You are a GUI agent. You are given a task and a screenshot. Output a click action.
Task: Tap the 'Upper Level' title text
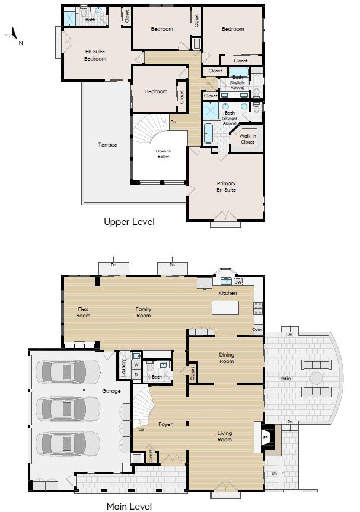pyautogui.click(x=129, y=222)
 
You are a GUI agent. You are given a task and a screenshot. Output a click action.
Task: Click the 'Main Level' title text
pyautogui.click(x=129, y=506)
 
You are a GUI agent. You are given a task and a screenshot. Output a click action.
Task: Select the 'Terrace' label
pyautogui.click(x=107, y=145)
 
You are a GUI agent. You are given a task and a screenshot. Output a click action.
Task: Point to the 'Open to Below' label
pyautogui.click(x=163, y=154)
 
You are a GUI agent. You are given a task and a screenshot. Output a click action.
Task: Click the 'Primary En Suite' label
pyautogui.click(x=226, y=187)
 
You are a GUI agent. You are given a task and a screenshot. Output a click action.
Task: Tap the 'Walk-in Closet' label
pyautogui.click(x=247, y=139)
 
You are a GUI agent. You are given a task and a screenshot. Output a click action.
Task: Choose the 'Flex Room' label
pyautogui.click(x=83, y=312)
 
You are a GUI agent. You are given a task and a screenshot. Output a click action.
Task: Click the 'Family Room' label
pyautogui.click(x=144, y=312)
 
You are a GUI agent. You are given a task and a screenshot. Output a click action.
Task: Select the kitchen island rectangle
pyautogui.click(x=225, y=308)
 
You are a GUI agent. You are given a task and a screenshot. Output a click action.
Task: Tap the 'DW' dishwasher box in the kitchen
pyautogui.click(x=238, y=282)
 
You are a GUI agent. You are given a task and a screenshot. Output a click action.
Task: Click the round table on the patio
pyautogui.click(x=317, y=378)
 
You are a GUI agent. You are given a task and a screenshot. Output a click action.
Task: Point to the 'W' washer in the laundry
pyautogui.click(x=136, y=365)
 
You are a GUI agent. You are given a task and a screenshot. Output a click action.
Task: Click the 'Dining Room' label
pyautogui.click(x=227, y=358)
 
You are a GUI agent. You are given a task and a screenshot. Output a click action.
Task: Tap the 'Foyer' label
pyautogui.click(x=165, y=424)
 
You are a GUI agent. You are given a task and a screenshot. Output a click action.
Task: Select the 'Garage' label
pyautogui.click(x=111, y=391)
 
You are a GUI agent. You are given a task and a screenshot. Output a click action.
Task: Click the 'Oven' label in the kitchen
pyautogui.click(x=257, y=330)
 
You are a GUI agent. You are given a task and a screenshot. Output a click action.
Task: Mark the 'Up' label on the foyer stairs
pyautogui.click(x=141, y=429)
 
